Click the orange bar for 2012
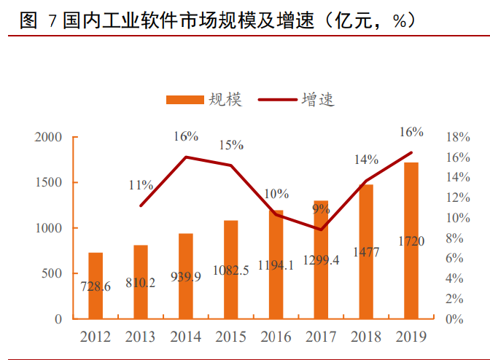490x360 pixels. coord(96,286)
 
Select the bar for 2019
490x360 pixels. coord(412,240)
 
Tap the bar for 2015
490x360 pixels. coord(231,270)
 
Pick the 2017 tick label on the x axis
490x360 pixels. coord(322,337)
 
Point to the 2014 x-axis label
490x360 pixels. coord(186,337)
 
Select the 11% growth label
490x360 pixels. coord(141,185)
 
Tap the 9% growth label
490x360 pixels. coord(321,210)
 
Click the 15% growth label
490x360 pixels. coord(231,145)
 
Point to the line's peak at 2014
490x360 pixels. coord(186,157)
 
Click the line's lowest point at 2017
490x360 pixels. coord(322,230)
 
